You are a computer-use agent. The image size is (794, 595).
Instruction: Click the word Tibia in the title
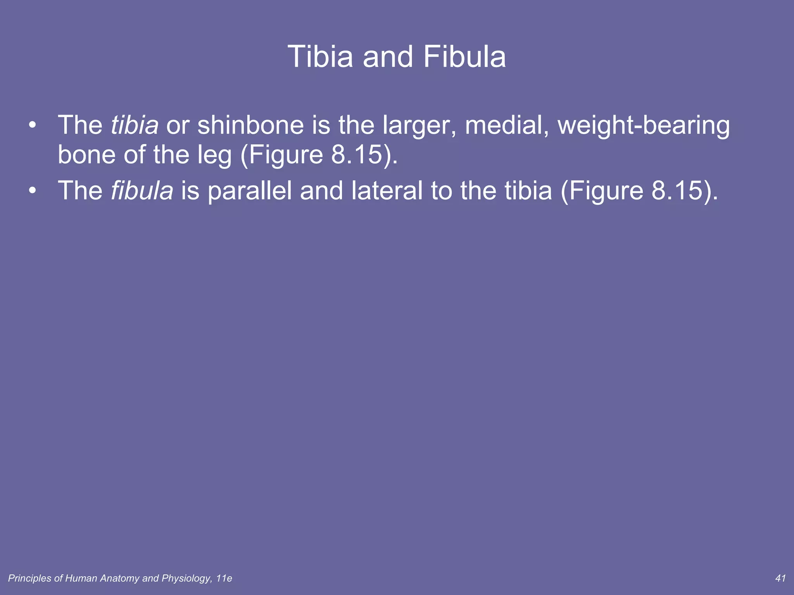pos(320,57)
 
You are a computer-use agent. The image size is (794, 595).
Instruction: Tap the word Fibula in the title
pos(464,57)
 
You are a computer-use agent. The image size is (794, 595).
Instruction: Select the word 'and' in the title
pos(388,57)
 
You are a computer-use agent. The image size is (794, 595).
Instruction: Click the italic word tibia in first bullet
pos(135,125)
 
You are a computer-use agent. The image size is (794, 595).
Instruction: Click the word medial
pos(506,125)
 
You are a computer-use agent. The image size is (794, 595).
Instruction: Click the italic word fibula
pos(142,191)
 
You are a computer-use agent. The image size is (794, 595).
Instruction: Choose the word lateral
pos(387,191)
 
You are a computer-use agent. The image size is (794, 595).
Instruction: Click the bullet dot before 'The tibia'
pos(33,126)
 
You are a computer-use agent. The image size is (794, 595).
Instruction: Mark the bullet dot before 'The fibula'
pos(33,191)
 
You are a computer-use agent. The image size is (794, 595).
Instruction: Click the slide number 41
pos(780,578)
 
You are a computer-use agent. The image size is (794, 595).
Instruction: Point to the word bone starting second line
pos(86,155)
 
